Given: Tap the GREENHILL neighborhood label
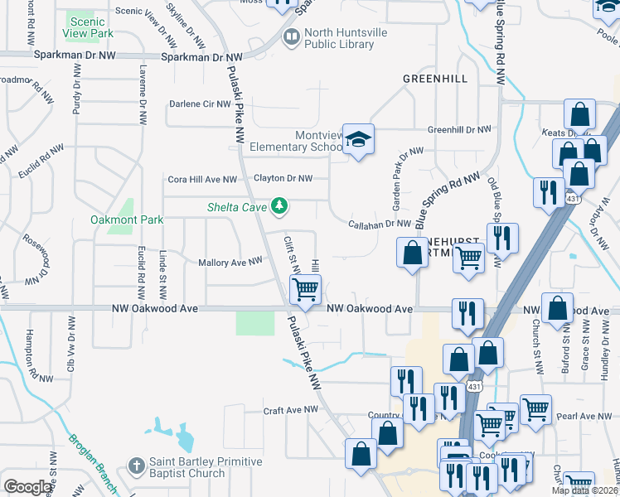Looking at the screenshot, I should [434, 78].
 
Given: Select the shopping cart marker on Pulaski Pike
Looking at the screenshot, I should [305, 290].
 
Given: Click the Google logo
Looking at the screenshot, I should [27, 486].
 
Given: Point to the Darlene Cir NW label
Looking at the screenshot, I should [198, 104].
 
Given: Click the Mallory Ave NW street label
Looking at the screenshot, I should [230, 262].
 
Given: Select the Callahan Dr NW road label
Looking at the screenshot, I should [380, 224].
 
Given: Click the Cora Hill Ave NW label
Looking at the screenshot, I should [202, 179].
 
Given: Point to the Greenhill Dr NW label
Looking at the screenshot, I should [459, 130].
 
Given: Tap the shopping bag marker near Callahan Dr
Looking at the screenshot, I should [412, 253].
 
